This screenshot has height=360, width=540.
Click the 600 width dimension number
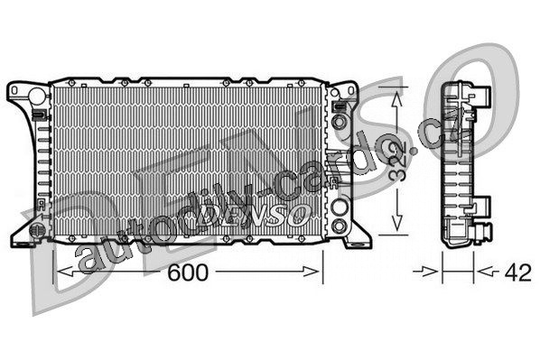pyautogui.click(x=188, y=272)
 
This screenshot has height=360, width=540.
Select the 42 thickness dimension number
pyautogui.click(x=517, y=272)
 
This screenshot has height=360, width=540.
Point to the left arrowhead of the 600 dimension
pyautogui.click(x=65, y=272)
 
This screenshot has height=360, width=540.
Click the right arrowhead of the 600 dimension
pyautogui.click(x=311, y=272)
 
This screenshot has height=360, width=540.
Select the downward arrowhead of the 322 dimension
pyautogui.click(x=397, y=222)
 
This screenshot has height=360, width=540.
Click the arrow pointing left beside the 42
pyautogui.click(x=487, y=272)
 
